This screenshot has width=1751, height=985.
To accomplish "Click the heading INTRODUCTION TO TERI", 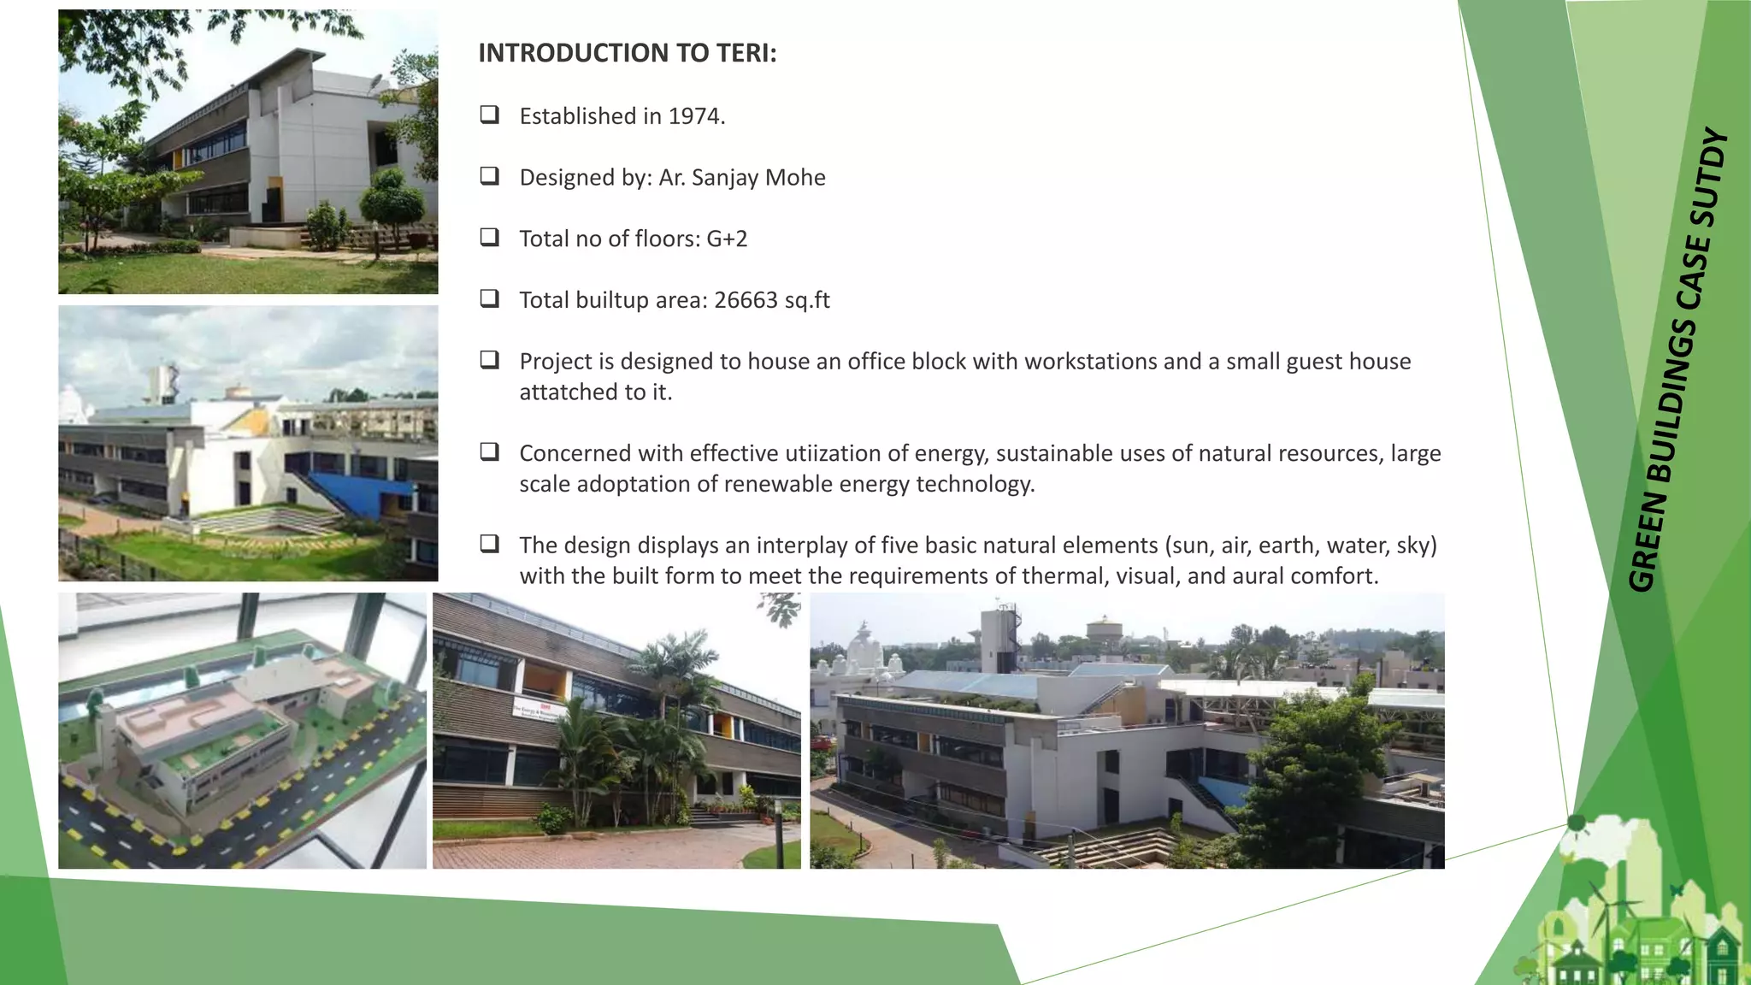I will pos(627,53).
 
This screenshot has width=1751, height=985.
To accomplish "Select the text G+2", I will pos(727,239).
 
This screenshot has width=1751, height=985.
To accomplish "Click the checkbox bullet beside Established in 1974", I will pos(490,115).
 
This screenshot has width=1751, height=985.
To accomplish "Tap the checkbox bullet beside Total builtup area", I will pos(490,298).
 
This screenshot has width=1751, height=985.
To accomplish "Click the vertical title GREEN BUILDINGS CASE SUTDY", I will pos(1677,359).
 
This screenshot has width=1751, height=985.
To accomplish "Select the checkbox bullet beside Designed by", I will pos(490,176).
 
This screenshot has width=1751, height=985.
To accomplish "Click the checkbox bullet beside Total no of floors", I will pos(490,237).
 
